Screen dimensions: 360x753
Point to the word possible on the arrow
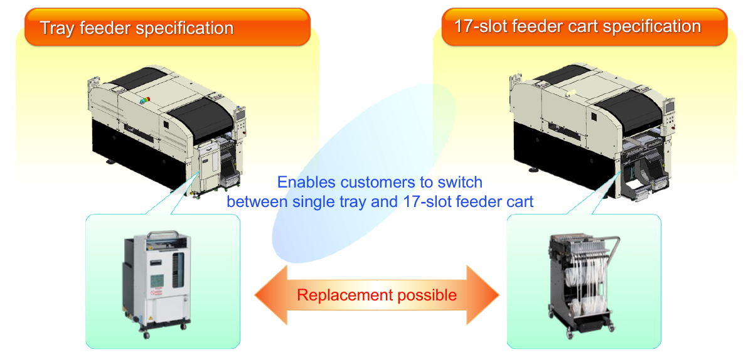pos(427,295)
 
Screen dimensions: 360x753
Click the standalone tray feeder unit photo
pos(155,282)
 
